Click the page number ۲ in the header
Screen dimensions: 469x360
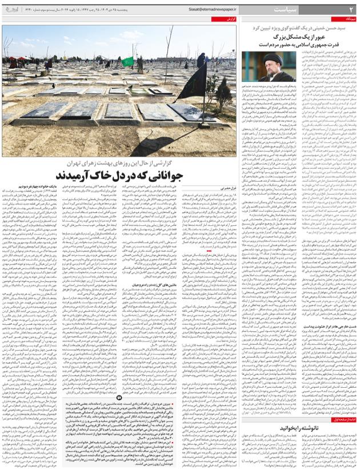coord(351,9)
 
